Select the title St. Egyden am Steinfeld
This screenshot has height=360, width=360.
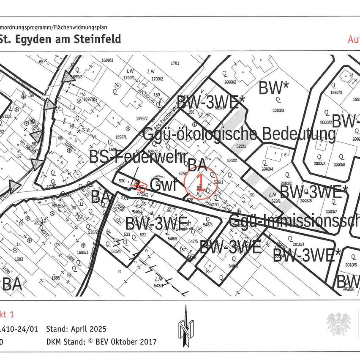click(60, 39)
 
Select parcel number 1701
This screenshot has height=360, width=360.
click(175, 63)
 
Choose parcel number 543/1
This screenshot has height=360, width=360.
click(158, 286)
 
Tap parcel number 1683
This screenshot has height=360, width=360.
click(18, 259)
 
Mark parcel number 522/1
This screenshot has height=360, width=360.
click(241, 146)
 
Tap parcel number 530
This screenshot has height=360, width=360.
click(123, 181)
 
